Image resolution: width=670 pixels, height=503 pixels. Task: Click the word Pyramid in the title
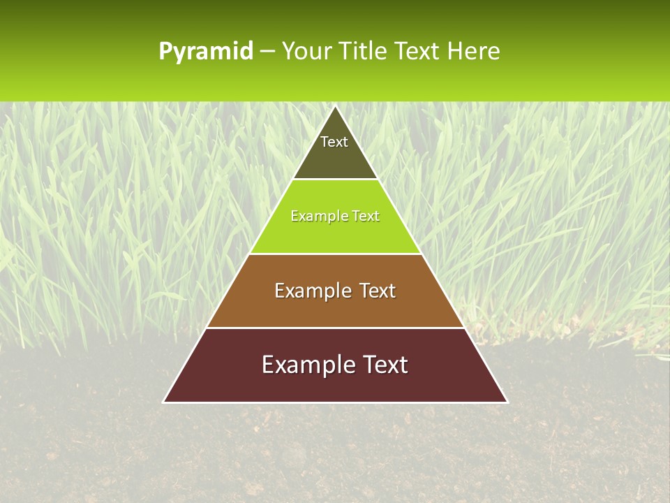pos(206,52)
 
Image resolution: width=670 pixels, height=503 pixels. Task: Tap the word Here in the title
pos(473,52)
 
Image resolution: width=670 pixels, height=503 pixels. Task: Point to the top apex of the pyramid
pos(336,107)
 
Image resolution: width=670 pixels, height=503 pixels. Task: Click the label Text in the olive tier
pos(334,142)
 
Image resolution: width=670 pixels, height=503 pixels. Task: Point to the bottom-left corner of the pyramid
pos(164,402)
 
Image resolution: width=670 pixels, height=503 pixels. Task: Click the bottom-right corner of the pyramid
pos(507,402)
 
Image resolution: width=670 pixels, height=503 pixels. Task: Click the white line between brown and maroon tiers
pos(335,328)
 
